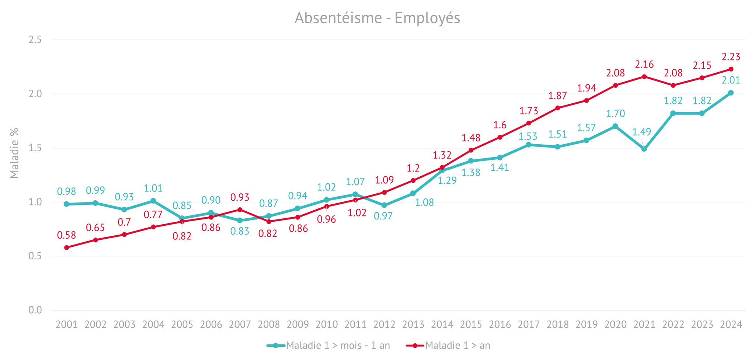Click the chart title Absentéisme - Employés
(377, 18)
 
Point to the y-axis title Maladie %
(14, 153)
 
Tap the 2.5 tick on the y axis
(35, 40)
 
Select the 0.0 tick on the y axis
(35, 310)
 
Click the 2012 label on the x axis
(384, 325)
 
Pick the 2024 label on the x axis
(731, 325)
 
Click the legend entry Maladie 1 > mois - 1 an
(328, 346)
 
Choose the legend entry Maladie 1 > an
(448, 346)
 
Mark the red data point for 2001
(66, 247)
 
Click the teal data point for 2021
(644, 149)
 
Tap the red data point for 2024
(731, 69)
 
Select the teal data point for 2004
(153, 201)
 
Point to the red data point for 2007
(240, 210)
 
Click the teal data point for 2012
(384, 205)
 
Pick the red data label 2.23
(731, 57)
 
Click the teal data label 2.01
(731, 80)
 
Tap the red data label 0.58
(66, 235)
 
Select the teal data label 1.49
(642, 132)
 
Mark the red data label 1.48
(471, 138)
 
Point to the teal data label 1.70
(616, 114)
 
